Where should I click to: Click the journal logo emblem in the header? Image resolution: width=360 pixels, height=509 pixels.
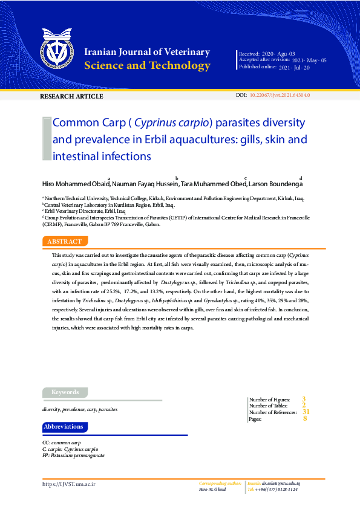59,52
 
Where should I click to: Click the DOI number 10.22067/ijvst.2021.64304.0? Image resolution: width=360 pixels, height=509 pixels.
280,96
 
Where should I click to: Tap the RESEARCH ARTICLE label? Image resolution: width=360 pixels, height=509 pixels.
71,97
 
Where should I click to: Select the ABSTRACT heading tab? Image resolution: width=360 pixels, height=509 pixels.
64,241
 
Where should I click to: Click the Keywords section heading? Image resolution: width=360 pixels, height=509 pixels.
65,392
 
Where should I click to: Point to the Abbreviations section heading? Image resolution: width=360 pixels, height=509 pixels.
64,427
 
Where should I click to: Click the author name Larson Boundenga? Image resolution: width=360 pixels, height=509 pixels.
276,184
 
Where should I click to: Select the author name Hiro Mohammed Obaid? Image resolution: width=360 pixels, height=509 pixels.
75,184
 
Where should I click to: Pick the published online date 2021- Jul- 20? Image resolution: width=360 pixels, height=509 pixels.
294,68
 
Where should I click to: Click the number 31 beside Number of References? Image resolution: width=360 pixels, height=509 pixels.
306,412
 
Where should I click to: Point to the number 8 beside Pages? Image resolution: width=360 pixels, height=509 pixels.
305,418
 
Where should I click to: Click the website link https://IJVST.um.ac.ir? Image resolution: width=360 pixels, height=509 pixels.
69,484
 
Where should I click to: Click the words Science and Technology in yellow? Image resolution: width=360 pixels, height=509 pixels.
148,66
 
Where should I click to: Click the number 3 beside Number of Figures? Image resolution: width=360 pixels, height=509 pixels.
304,399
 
